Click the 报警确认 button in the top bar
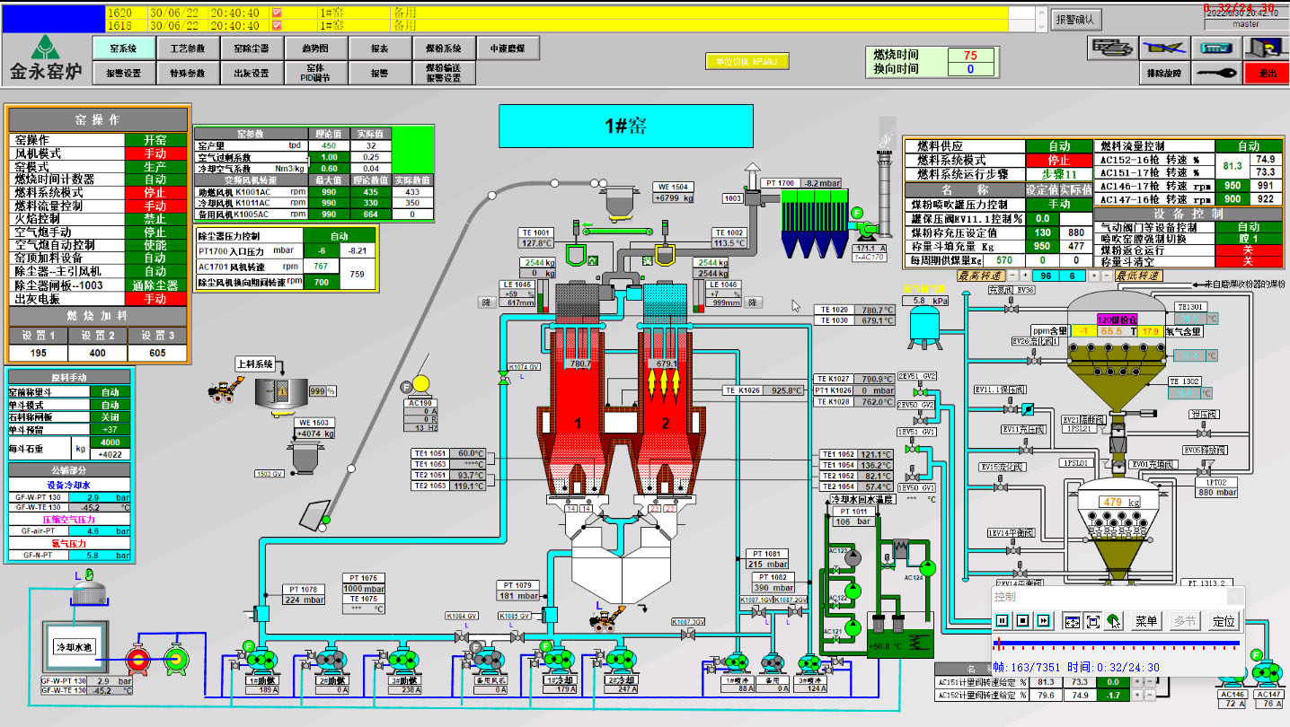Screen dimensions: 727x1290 coord(1074,19)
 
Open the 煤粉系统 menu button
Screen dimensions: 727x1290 coord(443,48)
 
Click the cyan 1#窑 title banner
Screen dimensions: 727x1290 coord(626,126)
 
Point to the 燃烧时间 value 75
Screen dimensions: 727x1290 coord(969,55)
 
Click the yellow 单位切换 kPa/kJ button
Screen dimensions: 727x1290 coord(746,62)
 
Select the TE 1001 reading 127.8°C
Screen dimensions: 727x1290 coord(536,243)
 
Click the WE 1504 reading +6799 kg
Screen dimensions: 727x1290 coord(673,198)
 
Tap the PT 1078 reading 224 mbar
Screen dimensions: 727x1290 coord(304,600)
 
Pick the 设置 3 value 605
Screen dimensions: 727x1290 coord(159,353)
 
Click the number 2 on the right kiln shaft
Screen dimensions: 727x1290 coord(666,423)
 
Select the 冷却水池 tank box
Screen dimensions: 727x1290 coord(75,647)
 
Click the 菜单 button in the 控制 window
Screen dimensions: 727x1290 coord(1146,620)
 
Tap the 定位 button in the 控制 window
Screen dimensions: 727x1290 coord(1224,620)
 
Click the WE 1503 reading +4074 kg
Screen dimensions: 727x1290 coord(314,434)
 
